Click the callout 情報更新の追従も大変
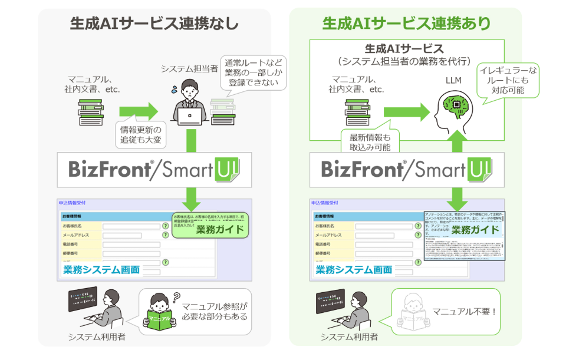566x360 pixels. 140,134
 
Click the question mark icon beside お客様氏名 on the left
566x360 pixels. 166,226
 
